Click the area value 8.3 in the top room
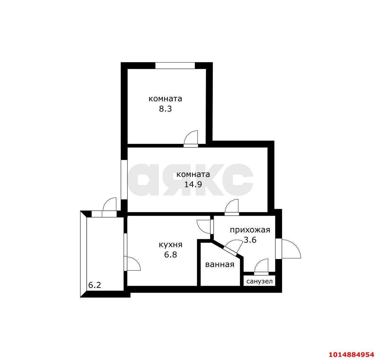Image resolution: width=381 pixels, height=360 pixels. click(165, 109)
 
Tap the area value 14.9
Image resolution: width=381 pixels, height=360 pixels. click(193, 185)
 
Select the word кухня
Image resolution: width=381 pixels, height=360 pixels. click(170, 245)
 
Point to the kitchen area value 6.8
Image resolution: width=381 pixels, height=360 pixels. click(170, 255)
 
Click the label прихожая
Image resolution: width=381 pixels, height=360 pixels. click(250, 230)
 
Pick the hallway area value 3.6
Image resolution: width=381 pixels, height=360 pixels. click(250, 240)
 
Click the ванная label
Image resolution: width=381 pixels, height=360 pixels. click(219, 264)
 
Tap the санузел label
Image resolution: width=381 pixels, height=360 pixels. click(260, 281)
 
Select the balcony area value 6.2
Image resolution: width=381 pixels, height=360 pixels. click(95, 285)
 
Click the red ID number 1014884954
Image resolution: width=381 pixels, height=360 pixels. click(352, 354)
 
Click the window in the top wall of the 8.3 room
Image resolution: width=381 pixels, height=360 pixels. click(175, 66)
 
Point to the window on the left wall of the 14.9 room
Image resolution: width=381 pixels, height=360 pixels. click(124, 180)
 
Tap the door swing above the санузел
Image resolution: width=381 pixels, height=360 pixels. click(261, 266)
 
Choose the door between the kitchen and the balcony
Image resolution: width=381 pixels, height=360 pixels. click(132, 264)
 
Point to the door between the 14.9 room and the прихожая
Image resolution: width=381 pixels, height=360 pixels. click(232, 207)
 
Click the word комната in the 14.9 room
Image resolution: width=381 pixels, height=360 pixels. click(193, 174)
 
